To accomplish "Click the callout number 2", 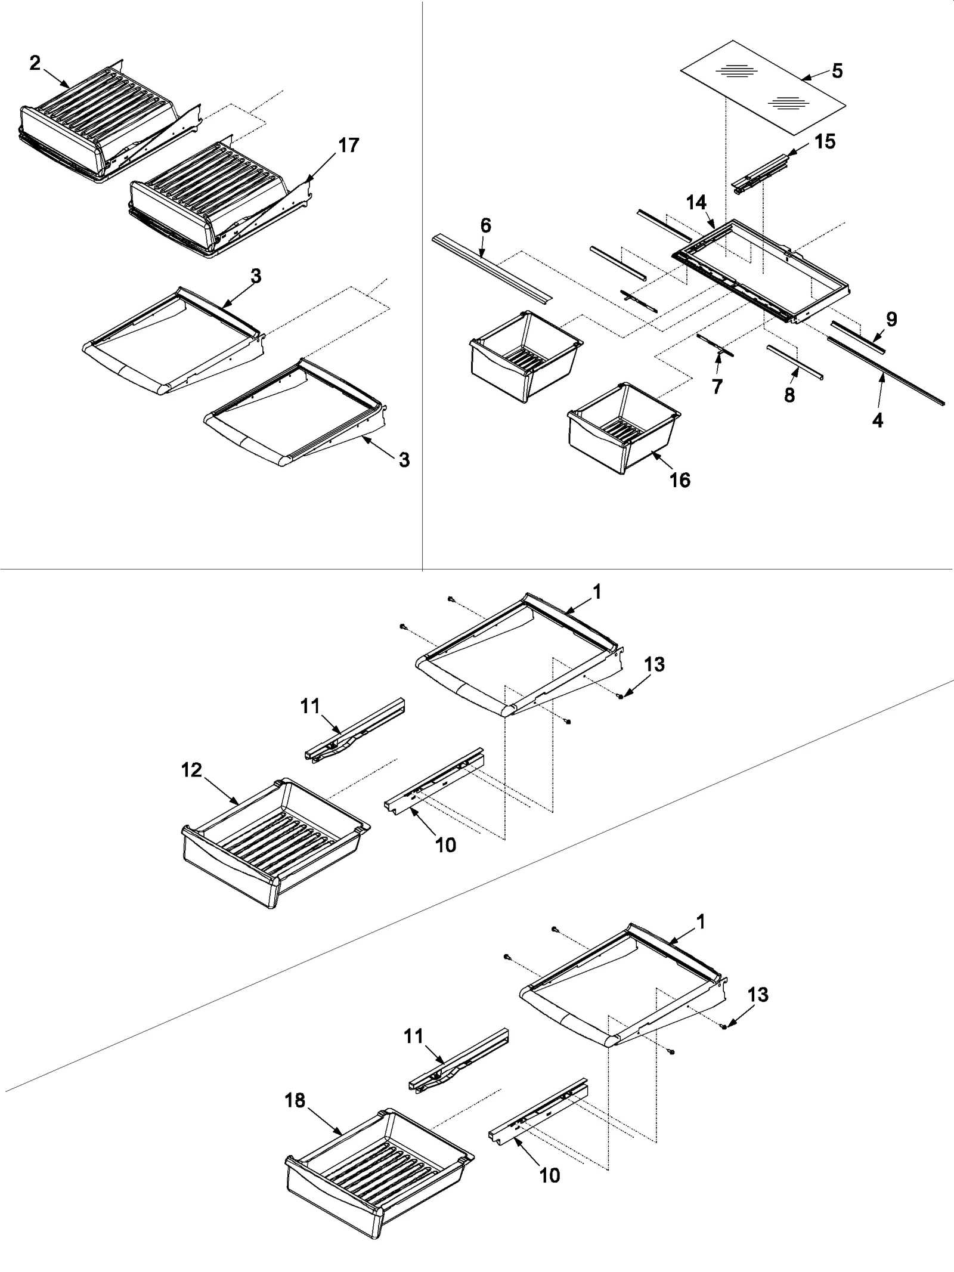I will [x=35, y=63].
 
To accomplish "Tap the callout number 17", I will [x=349, y=145].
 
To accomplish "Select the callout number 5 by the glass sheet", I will [x=837, y=71].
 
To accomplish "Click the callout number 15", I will [x=825, y=142].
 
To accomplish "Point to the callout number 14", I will [x=696, y=203].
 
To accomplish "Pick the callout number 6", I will [x=485, y=225].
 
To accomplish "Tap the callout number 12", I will [x=191, y=770].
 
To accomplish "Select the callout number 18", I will [x=295, y=1100].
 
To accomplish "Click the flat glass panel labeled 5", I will [x=763, y=89].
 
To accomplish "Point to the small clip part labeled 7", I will [x=715, y=346].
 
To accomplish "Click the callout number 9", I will [x=891, y=320].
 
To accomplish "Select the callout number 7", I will [x=717, y=386].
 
